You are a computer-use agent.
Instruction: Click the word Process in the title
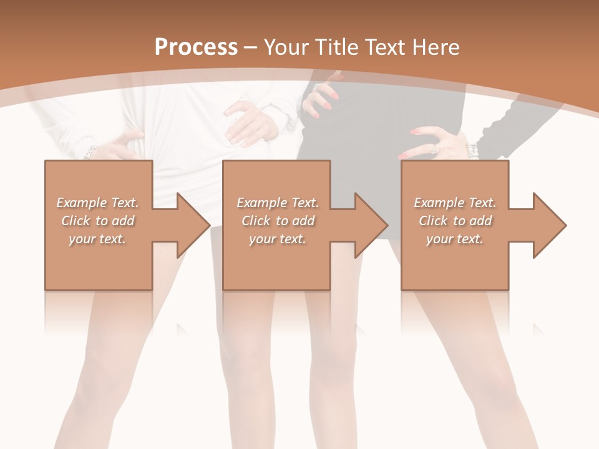pos(196,47)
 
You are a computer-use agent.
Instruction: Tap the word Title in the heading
pos(338,47)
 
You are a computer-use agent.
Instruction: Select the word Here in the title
pos(435,47)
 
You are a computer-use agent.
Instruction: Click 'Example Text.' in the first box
pos(98,203)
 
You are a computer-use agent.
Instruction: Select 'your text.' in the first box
pos(97,239)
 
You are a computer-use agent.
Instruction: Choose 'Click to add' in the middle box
pos(278,221)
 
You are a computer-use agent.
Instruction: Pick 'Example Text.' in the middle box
pos(278,203)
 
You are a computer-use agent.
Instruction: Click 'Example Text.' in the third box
pos(455,203)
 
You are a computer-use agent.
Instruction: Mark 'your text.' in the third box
pos(455,239)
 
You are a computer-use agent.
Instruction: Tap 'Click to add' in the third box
pos(455,221)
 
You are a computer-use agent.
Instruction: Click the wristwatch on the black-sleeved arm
pos(472,150)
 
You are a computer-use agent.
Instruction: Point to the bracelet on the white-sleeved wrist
pos(92,150)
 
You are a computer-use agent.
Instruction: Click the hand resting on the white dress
pos(250,122)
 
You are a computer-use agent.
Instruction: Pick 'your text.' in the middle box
pos(278,239)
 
